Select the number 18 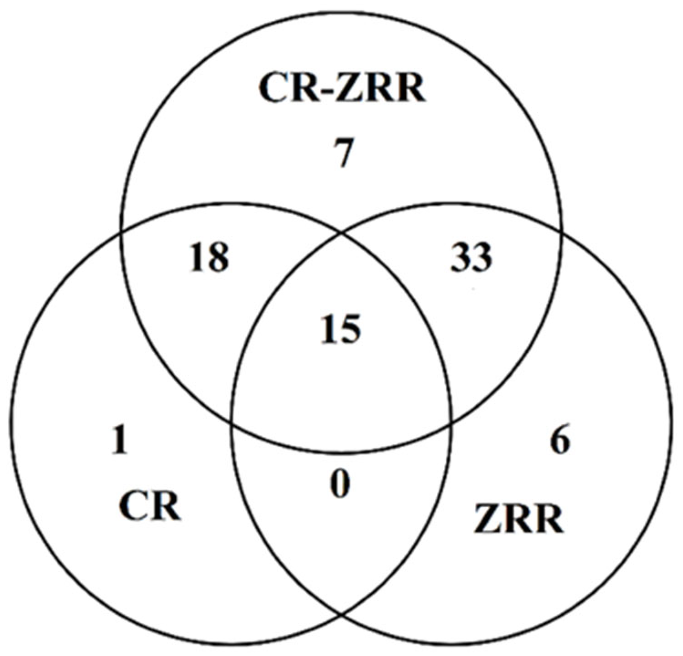pos(208,257)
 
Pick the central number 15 pos(342,329)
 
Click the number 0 pos(340,485)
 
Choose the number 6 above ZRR pos(560,441)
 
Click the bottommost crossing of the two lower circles pos(342,615)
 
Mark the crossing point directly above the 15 pos(342,233)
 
